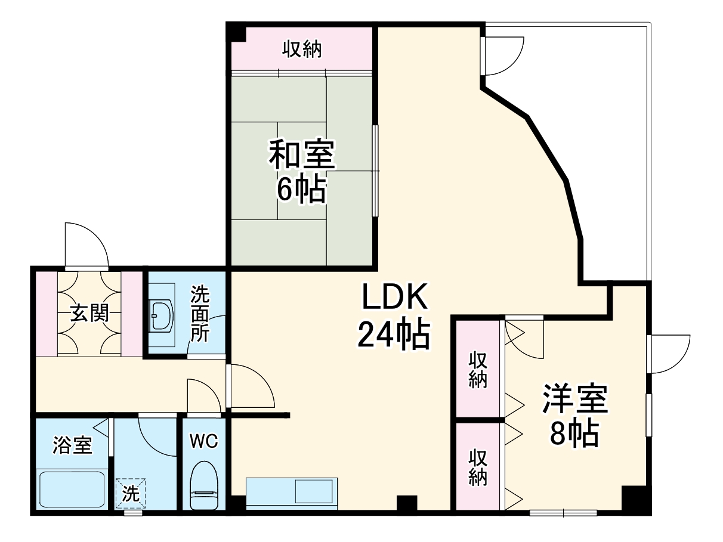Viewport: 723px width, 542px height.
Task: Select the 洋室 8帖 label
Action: click(x=574, y=416)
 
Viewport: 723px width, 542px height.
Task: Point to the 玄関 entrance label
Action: click(x=90, y=312)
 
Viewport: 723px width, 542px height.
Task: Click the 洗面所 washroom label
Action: click(x=200, y=314)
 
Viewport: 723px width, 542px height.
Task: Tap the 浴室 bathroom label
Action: click(x=72, y=445)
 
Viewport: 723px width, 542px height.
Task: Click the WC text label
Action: click(x=204, y=441)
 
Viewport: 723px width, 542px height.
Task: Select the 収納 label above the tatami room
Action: click(x=302, y=49)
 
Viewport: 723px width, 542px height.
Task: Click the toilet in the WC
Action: click(x=204, y=486)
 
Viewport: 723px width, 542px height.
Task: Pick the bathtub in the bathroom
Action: click(x=72, y=489)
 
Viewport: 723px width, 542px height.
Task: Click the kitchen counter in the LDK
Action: click(x=290, y=493)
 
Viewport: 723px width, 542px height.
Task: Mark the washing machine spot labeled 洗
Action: click(x=129, y=493)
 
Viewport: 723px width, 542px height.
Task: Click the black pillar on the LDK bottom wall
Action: click(x=407, y=503)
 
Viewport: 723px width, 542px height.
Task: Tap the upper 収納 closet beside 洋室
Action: click(x=478, y=369)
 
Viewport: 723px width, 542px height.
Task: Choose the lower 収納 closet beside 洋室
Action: click(x=478, y=467)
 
